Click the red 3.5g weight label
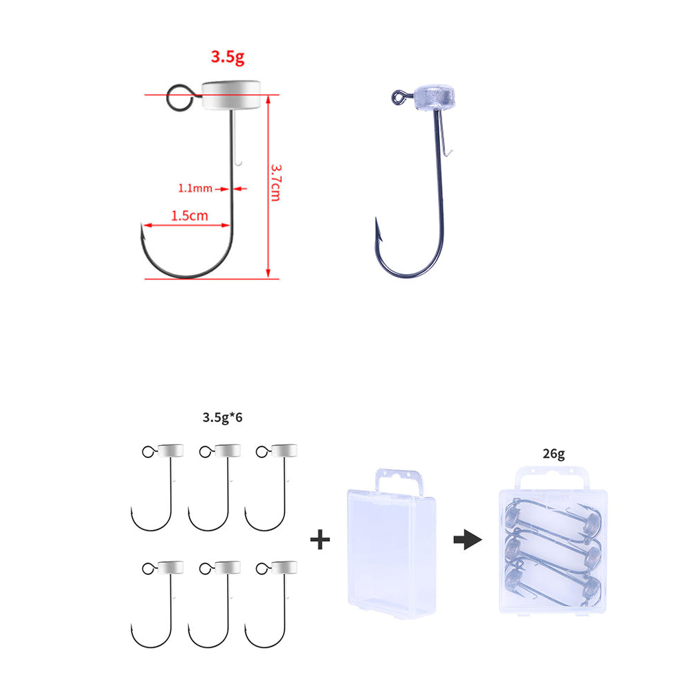pos(227,57)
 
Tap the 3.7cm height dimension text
pos(276,183)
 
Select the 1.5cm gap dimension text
pos(190,216)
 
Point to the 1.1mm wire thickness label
pos(195,188)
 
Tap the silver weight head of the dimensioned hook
pos(231,94)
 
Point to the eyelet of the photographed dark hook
pos(399,97)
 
